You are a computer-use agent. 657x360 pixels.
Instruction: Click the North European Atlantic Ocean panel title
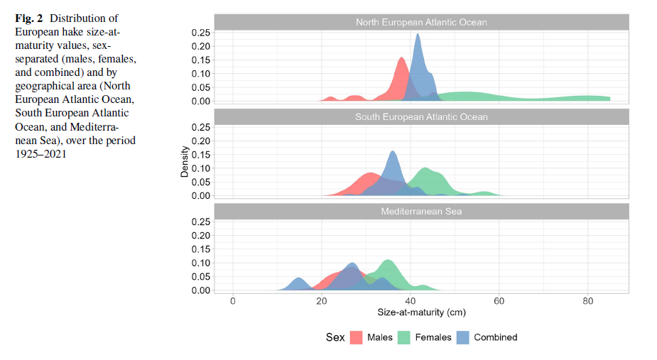(421, 22)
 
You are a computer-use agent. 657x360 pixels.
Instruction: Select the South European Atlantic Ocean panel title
(421, 116)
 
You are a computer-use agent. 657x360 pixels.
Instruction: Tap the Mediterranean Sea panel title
(421, 212)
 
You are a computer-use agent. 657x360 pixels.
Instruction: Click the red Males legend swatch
(356, 337)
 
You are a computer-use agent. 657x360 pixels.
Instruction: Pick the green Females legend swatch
(405, 337)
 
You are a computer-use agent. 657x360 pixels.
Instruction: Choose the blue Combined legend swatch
(463, 337)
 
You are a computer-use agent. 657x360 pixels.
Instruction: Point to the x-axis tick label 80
(587, 302)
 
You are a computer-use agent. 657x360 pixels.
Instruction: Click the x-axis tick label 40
(410, 302)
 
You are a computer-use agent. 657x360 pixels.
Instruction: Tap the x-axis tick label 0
(233, 302)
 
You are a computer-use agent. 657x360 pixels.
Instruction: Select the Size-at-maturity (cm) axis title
(421, 312)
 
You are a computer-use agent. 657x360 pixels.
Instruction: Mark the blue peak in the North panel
(418, 34)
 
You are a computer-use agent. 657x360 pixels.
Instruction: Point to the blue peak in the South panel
(393, 151)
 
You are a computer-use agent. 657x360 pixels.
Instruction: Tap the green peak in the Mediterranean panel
(387, 261)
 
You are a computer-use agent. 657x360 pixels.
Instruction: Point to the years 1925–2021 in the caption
(40, 153)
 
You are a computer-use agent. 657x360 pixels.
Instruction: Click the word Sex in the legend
(335, 337)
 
